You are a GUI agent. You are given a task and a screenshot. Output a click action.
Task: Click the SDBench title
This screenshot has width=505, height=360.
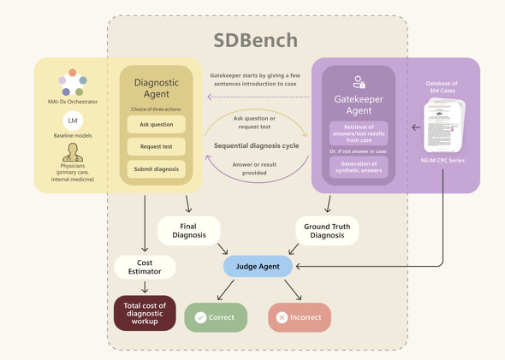coord(255,40)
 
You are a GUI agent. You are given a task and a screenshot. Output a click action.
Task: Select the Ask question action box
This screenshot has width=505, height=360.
coord(156,125)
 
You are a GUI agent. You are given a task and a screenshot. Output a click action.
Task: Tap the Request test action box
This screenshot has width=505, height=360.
coord(156,146)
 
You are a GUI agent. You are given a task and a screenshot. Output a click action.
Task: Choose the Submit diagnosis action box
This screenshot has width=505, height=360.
coord(156,169)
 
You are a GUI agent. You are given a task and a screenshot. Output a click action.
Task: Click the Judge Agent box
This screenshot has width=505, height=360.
coord(258,267)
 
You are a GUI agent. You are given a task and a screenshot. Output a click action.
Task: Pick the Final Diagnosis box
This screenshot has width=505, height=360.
coord(188,231)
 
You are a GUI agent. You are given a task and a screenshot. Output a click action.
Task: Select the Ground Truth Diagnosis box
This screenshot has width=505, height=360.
coord(327,231)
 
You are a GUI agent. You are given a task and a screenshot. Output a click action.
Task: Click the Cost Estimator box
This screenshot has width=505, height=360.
coord(145,268)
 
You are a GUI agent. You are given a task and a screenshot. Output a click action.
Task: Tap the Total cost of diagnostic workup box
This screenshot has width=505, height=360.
coord(145,313)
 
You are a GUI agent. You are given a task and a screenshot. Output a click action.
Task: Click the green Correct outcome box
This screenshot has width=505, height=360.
coord(216,317)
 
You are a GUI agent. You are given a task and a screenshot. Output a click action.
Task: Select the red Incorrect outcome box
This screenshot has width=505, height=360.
coord(300,317)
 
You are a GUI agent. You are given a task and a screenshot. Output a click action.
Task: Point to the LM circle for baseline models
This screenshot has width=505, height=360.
coord(73,121)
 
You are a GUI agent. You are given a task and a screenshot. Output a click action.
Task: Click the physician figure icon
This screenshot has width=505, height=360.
coord(73,151)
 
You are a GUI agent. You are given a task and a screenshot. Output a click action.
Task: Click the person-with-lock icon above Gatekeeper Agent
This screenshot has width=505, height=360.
coord(359,82)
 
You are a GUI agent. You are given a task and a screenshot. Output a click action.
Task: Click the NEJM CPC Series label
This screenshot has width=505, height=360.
coord(443,160)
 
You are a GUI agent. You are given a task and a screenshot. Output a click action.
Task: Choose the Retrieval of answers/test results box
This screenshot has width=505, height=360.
coord(359,133)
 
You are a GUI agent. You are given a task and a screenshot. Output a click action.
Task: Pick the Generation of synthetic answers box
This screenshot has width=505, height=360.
coord(359,167)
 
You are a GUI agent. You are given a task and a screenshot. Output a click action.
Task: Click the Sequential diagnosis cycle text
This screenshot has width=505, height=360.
coord(256,146)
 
